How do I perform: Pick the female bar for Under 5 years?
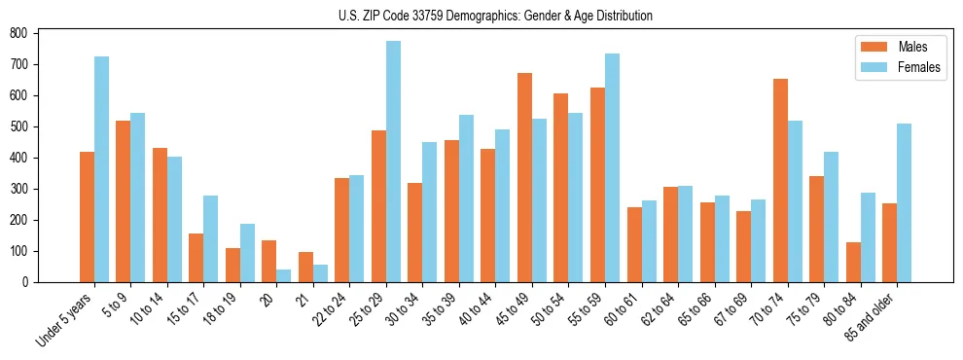[101, 169]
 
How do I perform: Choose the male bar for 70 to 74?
[780, 180]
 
